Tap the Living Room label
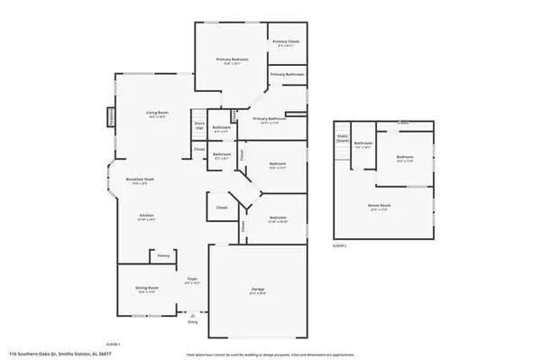(x=159, y=114)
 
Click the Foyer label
(x=192, y=281)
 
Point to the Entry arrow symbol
(x=191, y=315)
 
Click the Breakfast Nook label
(x=139, y=180)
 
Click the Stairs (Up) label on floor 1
(x=199, y=126)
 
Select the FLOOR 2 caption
(x=339, y=245)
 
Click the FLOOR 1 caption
(x=114, y=344)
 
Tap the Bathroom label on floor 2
(x=363, y=143)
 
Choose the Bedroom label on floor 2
(x=404, y=159)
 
